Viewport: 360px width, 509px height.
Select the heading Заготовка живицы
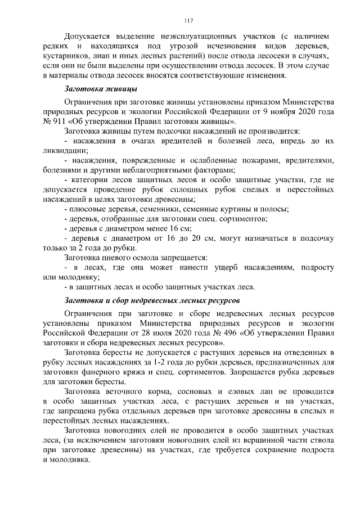[x=101, y=89]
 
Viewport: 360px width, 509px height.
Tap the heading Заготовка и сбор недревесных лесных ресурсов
[x=152, y=299]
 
